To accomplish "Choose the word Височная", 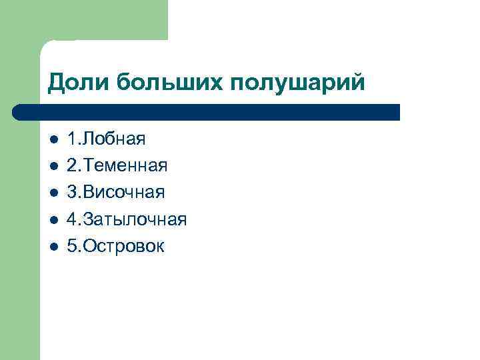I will pyautogui.click(x=123, y=193).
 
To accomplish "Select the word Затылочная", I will pyautogui.click(x=133, y=220).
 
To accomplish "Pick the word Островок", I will pyautogui.click(x=122, y=247).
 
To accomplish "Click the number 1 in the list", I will pyautogui.click(x=71, y=139).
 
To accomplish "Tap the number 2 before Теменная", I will pyautogui.click(x=71, y=166).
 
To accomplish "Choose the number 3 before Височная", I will pyautogui.click(x=71, y=193).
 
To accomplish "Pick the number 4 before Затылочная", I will pyautogui.click(x=71, y=220).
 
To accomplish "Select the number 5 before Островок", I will pyautogui.click(x=71, y=247).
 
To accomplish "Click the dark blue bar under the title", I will pyautogui.click(x=213, y=111).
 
